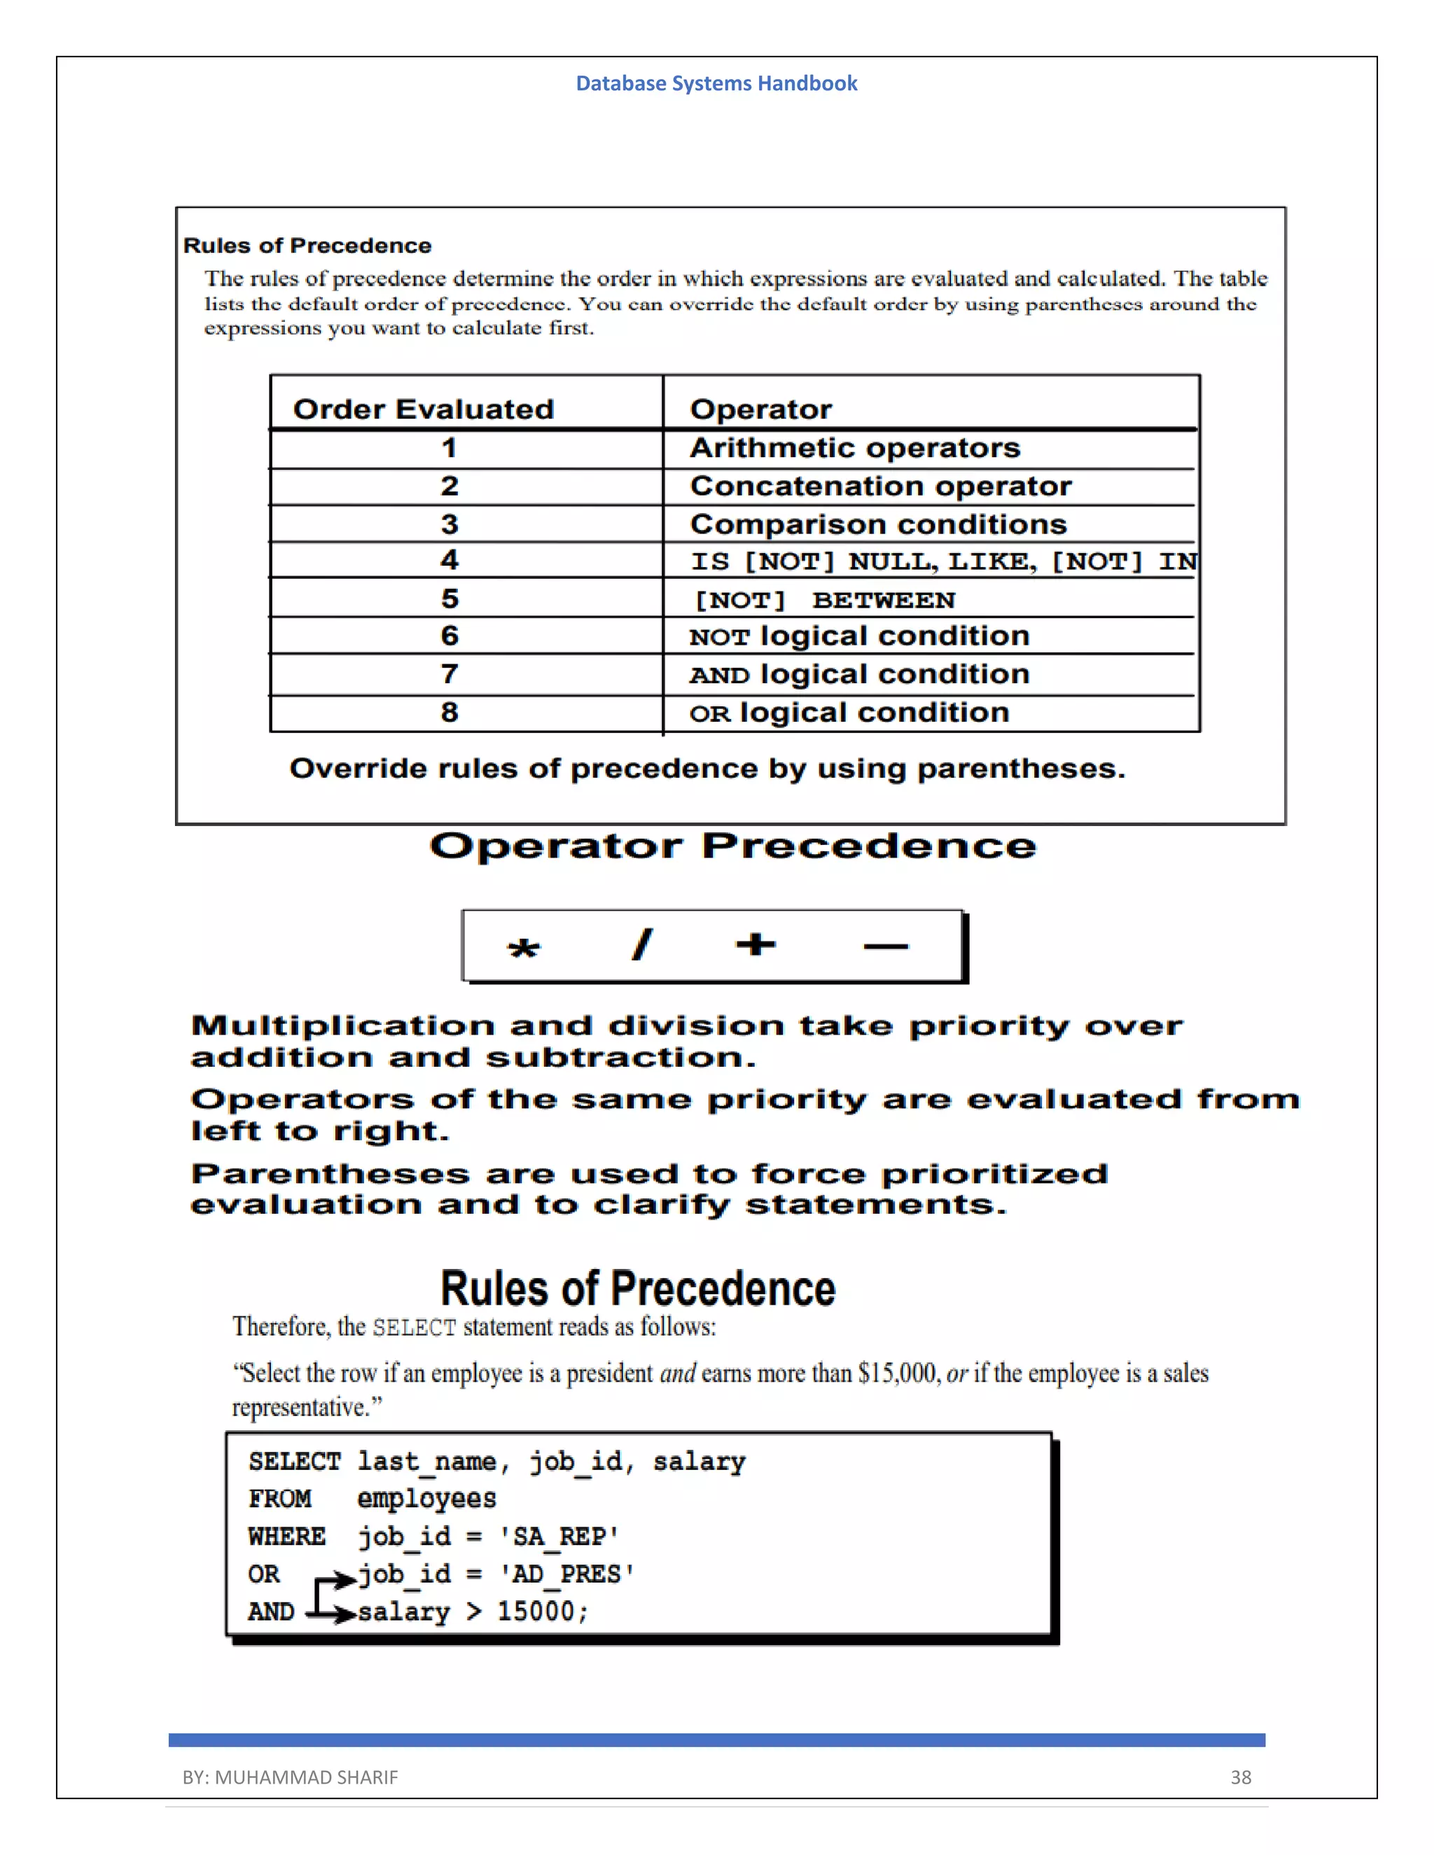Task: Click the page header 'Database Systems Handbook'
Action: point(716,83)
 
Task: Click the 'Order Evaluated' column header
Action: point(423,409)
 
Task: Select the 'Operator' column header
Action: point(760,409)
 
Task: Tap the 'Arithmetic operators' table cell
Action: point(855,447)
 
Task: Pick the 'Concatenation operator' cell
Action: point(880,486)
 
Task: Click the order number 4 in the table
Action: point(450,560)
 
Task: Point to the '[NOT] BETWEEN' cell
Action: point(825,600)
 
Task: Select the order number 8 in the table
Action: point(450,712)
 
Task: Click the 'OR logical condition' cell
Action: point(849,713)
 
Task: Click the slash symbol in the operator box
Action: point(642,944)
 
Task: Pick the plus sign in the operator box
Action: point(756,944)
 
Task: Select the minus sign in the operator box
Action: point(885,945)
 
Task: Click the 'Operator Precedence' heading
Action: point(732,846)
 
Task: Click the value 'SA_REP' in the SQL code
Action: point(559,1536)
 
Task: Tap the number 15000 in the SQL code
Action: point(536,1611)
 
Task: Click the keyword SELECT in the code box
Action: point(294,1462)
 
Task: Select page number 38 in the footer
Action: point(1240,1777)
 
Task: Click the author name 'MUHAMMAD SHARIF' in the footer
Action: point(306,1777)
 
